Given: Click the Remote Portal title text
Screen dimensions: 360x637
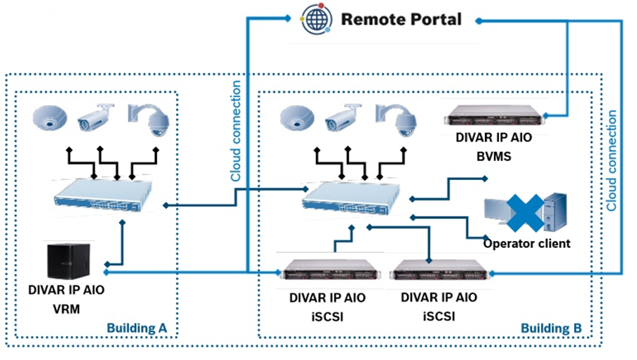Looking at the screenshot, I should [401, 19].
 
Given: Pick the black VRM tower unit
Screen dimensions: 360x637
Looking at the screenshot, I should [69, 260].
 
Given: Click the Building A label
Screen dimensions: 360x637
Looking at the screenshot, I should [137, 327].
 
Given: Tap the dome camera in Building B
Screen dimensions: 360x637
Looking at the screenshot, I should [297, 119].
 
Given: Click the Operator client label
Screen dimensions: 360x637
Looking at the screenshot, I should [527, 244].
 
